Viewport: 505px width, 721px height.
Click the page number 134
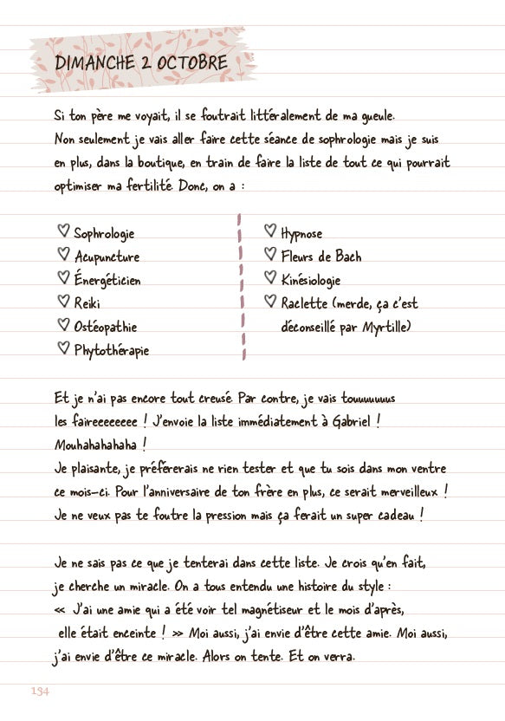39,690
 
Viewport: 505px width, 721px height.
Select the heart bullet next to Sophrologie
62,231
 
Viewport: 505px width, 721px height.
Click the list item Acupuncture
107,257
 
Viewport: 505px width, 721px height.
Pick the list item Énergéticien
107,280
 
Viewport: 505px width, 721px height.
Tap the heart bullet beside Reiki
62,302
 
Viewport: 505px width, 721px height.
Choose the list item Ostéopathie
106,327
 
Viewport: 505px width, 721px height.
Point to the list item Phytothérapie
112,350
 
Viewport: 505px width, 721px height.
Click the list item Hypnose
301,233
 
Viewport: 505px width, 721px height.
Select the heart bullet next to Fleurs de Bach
269,255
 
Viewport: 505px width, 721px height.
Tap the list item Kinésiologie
311,280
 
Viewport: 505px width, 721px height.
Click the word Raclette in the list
304,303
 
